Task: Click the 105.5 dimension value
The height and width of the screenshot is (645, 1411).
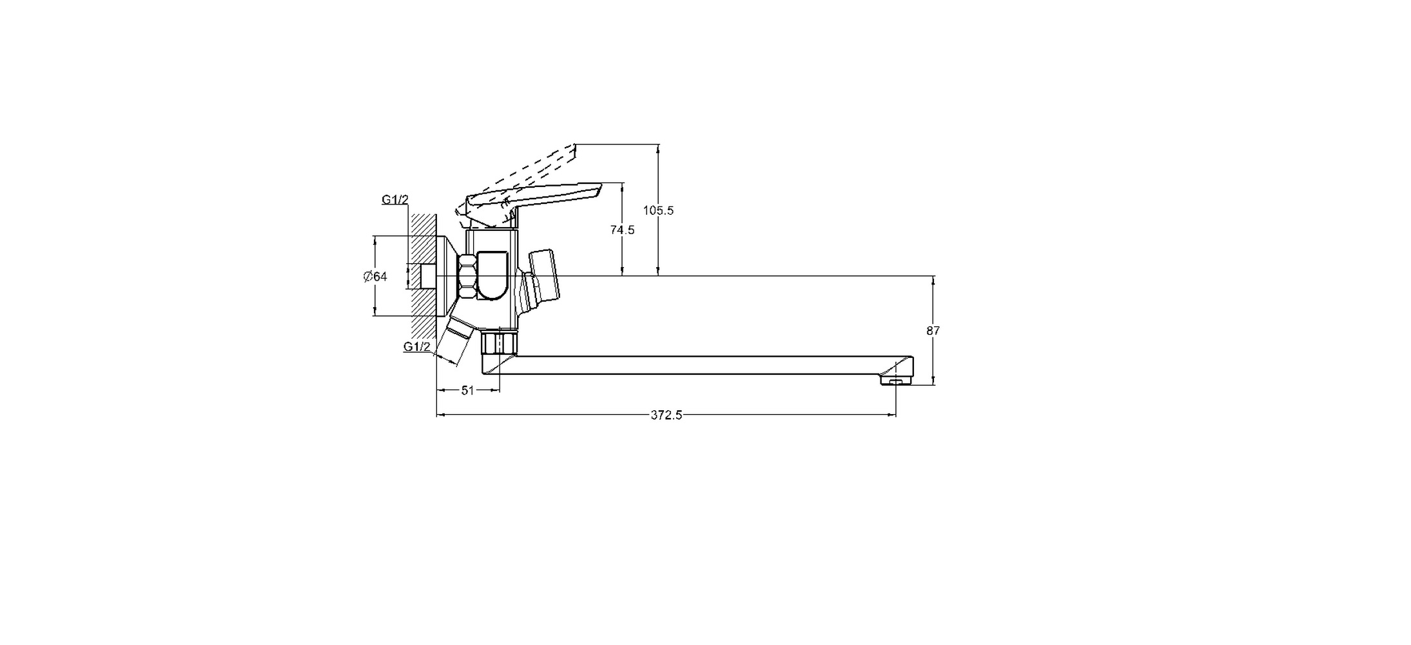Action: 658,210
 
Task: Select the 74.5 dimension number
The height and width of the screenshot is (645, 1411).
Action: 622,230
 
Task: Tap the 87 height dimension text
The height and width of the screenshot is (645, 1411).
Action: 933,331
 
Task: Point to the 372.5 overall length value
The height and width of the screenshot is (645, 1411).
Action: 666,415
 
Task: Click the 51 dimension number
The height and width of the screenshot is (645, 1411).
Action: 468,390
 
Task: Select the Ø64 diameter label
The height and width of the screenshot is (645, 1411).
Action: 375,277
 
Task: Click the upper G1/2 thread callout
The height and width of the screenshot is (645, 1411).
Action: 395,199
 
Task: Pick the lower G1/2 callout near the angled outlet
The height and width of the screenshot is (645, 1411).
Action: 417,347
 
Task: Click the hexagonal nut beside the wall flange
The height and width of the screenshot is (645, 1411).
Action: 467,276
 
